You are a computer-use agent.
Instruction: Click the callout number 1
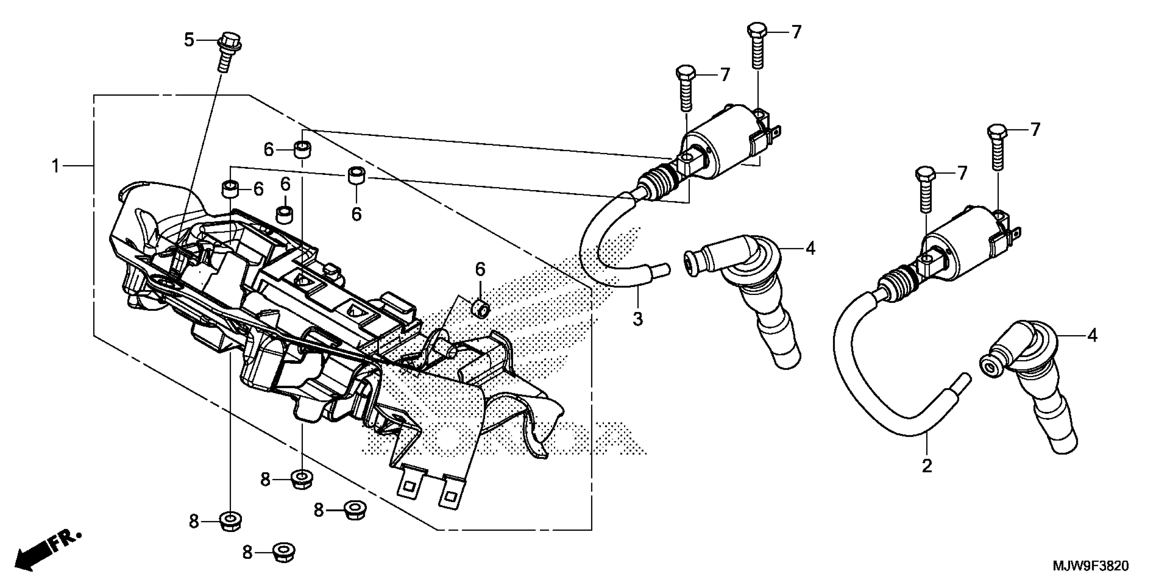pos(55,167)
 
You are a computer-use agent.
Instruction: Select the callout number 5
pos(189,40)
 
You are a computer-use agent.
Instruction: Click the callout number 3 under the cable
pos(638,319)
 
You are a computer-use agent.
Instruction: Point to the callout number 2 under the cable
pos(927,466)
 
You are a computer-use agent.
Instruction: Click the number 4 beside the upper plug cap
pos(810,248)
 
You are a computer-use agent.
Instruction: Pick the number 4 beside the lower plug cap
pos(1092,336)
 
